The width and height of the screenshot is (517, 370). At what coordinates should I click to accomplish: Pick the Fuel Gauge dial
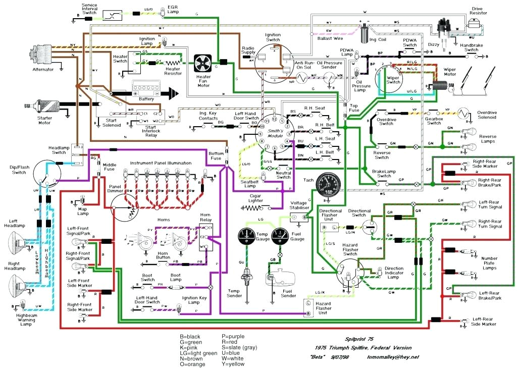[280, 236]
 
